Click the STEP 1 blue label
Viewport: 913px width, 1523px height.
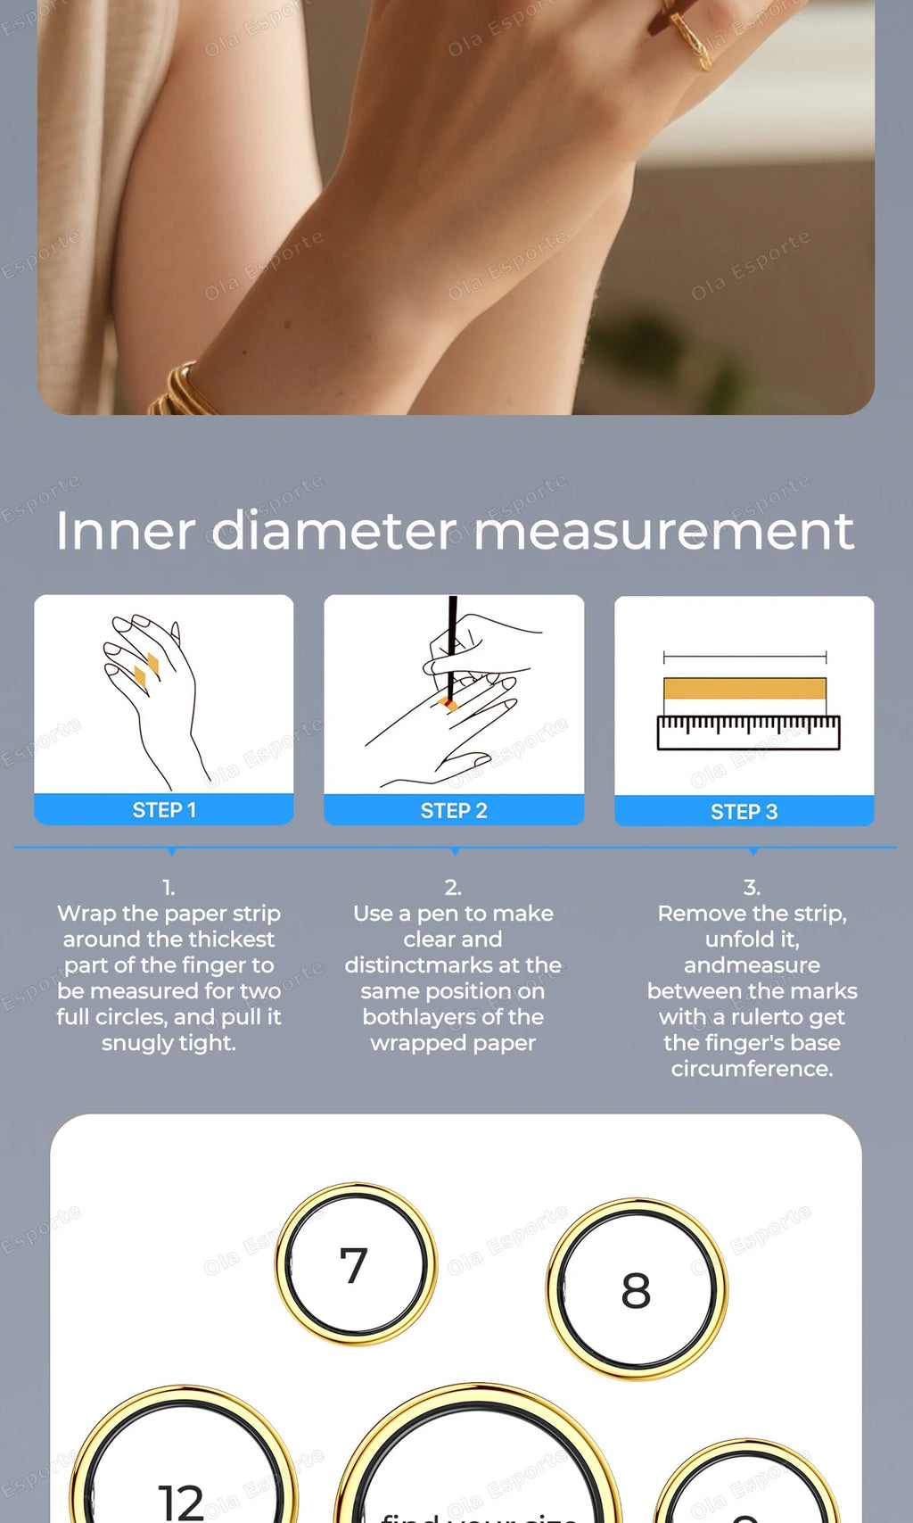coord(164,809)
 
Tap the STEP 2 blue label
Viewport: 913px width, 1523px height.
coord(454,810)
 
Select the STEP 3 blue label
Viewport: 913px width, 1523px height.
coord(744,811)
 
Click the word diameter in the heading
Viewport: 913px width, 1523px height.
coord(334,530)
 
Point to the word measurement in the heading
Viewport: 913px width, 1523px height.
coord(663,530)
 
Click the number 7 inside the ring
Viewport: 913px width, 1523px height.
coord(354,1265)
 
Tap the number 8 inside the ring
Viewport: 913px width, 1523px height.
coord(636,1290)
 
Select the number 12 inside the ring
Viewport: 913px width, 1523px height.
coord(181,1501)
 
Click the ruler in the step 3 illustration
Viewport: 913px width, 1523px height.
coord(748,732)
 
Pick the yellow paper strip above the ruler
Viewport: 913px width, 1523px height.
coord(744,688)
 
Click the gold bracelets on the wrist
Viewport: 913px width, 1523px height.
coord(183,393)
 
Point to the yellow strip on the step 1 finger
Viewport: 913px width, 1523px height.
coord(146,669)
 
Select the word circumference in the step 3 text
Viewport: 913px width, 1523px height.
coord(752,1068)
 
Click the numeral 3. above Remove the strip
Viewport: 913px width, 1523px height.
coord(752,887)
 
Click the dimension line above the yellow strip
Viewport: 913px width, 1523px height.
coord(744,658)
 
